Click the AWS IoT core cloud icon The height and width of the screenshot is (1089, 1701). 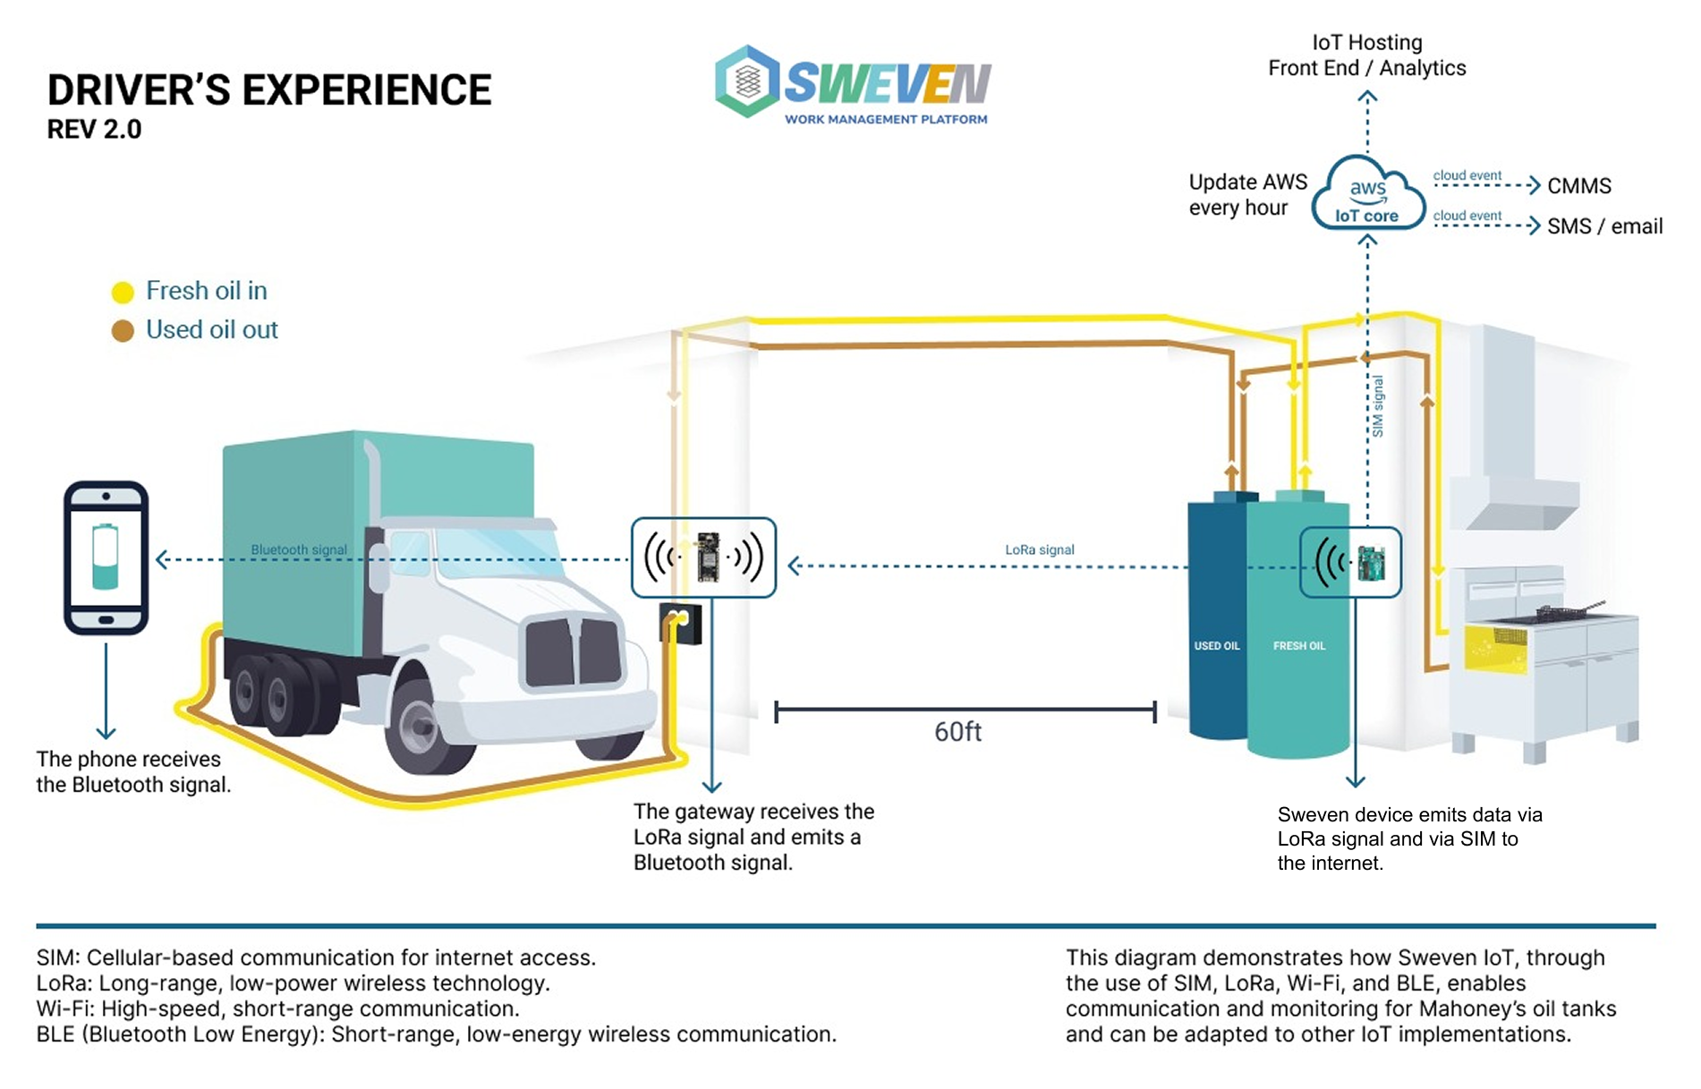[1367, 195]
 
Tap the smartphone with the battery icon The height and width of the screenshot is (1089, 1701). [106, 557]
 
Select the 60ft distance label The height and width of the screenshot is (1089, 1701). [957, 732]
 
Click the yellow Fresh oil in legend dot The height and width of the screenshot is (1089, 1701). [123, 292]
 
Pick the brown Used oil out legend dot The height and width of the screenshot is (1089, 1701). [123, 331]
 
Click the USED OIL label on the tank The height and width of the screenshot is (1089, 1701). [1216, 646]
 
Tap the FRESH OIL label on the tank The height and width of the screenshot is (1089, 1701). [1299, 646]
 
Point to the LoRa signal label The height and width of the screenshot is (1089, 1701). [1039, 549]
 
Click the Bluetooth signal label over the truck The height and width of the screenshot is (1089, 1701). [299, 549]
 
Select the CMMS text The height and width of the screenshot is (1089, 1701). [1579, 186]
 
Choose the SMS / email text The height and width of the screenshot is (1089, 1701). [1604, 226]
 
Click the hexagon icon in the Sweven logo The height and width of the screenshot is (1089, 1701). [748, 81]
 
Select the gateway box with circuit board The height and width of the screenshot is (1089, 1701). [703, 557]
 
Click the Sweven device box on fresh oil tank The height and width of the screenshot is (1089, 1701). [1350, 562]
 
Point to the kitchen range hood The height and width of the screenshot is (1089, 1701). [1512, 465]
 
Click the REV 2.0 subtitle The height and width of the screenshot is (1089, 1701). [94, 130]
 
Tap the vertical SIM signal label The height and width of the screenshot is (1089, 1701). [1378, 406]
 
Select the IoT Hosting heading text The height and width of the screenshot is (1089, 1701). [1366, 42]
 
